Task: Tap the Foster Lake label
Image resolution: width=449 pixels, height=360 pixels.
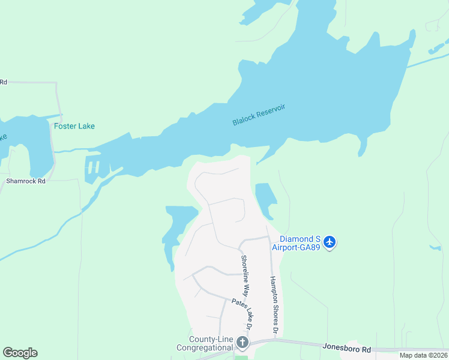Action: (x=74, y=127)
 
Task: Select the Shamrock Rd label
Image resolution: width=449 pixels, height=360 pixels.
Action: (x=26, y=181)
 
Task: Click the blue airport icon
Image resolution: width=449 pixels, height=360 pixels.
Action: (x=329, y=242)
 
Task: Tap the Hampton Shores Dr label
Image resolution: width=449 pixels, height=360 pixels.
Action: (x=274, y=305)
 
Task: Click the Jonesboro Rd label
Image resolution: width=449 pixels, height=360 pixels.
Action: (x=346, y=347)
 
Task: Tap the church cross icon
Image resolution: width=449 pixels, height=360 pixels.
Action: (x=243, y=343)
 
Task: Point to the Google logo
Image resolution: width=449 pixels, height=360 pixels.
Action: (x=20, y=353)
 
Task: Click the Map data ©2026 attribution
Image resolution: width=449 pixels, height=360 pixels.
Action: (x=423, y=355)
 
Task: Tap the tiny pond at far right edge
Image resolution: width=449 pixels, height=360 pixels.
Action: (x=435, y=247)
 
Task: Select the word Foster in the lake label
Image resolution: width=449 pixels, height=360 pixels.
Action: (x=64, y=127)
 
